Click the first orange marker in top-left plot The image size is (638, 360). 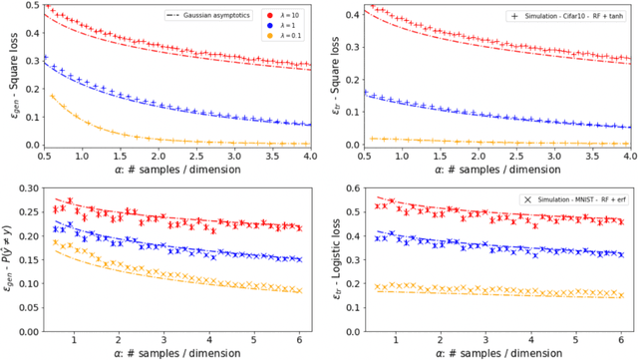[x=51, y=96]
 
